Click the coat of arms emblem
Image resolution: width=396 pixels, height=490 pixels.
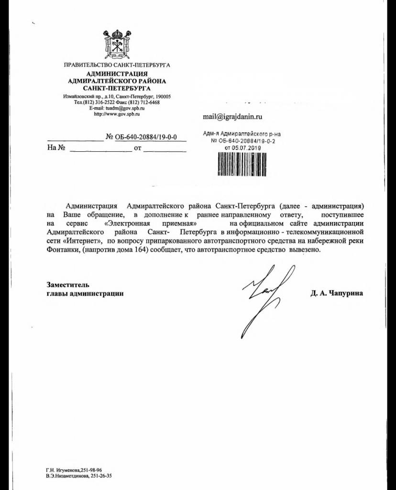point(117,44)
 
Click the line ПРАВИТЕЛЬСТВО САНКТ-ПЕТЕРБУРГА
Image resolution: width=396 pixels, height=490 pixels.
point(117,65)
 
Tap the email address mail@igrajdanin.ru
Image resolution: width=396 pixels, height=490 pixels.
point(233,116)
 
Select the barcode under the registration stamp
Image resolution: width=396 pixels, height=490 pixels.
point(242,166)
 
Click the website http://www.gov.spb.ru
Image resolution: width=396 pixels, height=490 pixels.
point(117,114)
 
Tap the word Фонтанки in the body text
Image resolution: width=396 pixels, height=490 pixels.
point(63,250)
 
